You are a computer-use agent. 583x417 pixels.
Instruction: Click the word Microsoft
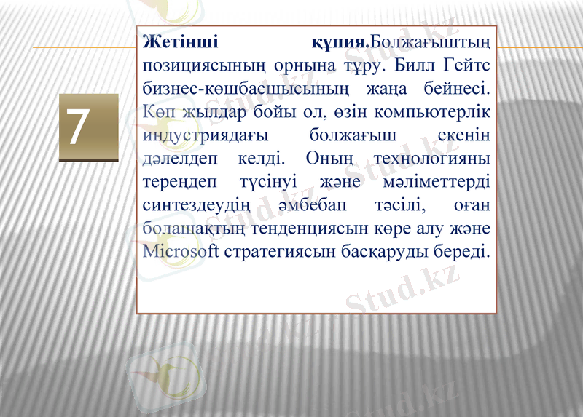(x=181, y=251)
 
